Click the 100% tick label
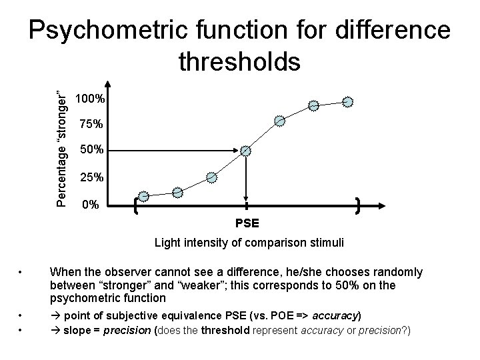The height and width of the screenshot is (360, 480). (90, 99)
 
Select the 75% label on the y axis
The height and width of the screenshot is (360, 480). (90, 124)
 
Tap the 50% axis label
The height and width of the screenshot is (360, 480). (90, 151)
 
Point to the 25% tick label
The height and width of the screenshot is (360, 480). (90, 178)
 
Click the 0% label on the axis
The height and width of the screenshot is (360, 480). (88, 205)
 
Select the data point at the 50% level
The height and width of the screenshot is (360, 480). (247, 151)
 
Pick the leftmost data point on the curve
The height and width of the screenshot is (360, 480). (144, 196)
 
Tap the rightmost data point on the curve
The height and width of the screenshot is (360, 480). (348, 101)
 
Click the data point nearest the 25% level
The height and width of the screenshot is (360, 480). (212, 177)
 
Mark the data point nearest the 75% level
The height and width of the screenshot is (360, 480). (280, 121)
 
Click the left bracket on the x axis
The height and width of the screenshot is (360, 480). (137, 205)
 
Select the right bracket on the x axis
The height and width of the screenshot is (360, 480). (359, 205)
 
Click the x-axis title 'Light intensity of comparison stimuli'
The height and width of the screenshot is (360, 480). (249, 243)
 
